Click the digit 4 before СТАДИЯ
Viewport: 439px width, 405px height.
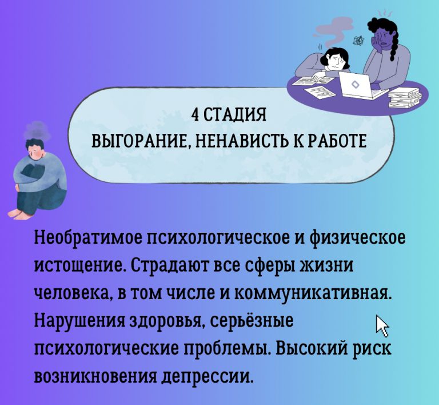(194, 115)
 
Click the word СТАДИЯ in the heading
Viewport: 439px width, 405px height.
(233, 115)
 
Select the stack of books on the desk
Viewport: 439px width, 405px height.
(405, 97)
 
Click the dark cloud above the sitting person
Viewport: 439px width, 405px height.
(37, 130)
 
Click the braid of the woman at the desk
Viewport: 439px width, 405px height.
(393, 42)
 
